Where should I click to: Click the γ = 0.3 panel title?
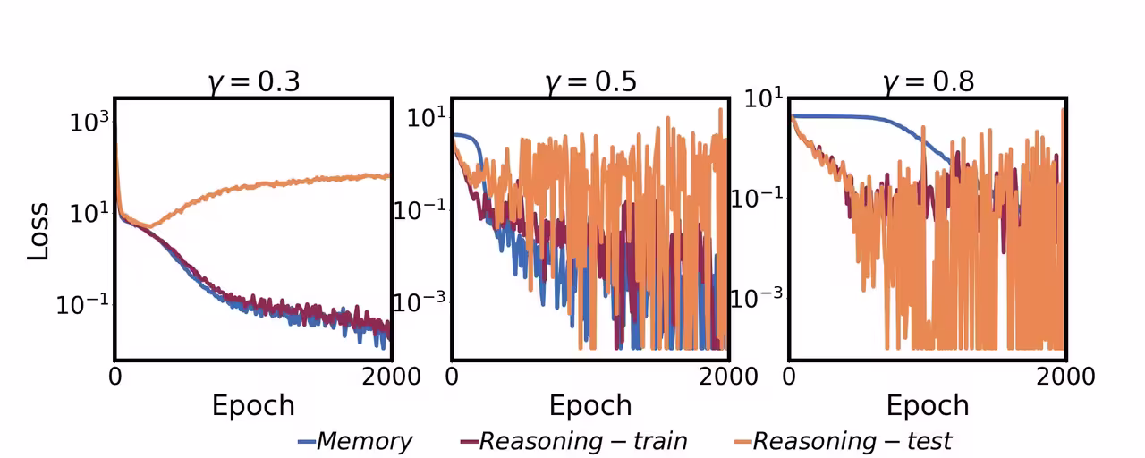(x=253, y=82)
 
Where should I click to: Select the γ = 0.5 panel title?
(x=590, y=82)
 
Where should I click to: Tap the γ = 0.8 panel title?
(x=928, y=82)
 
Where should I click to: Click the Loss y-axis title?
(x=38, y=231)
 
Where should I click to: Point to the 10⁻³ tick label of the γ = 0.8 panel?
(x=758, y=296)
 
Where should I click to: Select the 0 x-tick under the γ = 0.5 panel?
(x=452, y=376)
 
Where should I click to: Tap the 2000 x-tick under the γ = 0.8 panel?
(x=1064, y=376)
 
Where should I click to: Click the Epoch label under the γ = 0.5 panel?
(x=590, y=405)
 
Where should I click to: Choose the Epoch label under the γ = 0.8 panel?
(x=928, y=405)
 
